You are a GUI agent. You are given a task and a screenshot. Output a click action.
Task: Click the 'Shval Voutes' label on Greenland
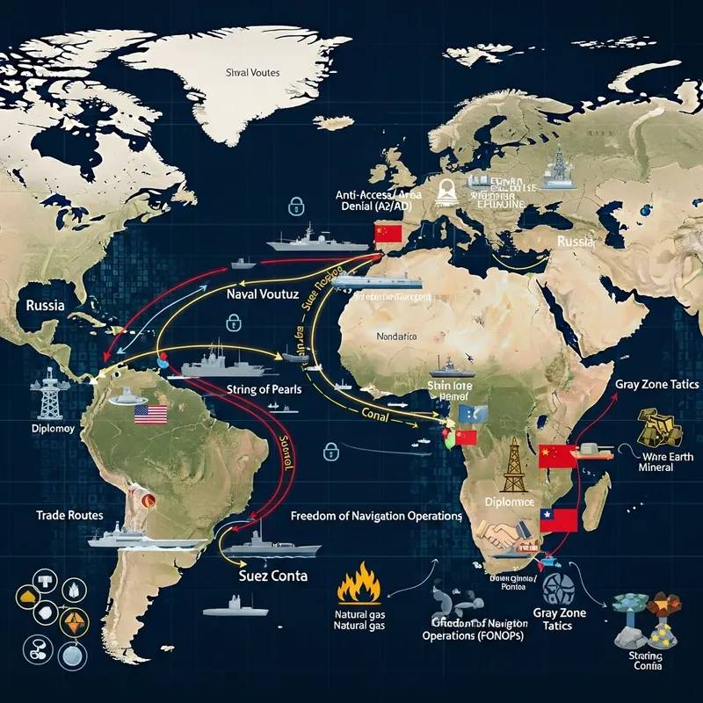click(x=252, y=73)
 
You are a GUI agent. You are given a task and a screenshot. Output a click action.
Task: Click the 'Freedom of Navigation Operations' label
click(x=376, y=516)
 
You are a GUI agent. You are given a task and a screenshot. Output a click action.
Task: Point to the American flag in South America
click(x=151, y=415)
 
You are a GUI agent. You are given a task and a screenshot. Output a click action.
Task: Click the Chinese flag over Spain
click(x=388, y=232)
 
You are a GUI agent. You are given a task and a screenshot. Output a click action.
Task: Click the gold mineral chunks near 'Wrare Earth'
click(x=660, y=427)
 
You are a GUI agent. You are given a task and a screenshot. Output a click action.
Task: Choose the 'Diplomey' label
click(x=41, y=429)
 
